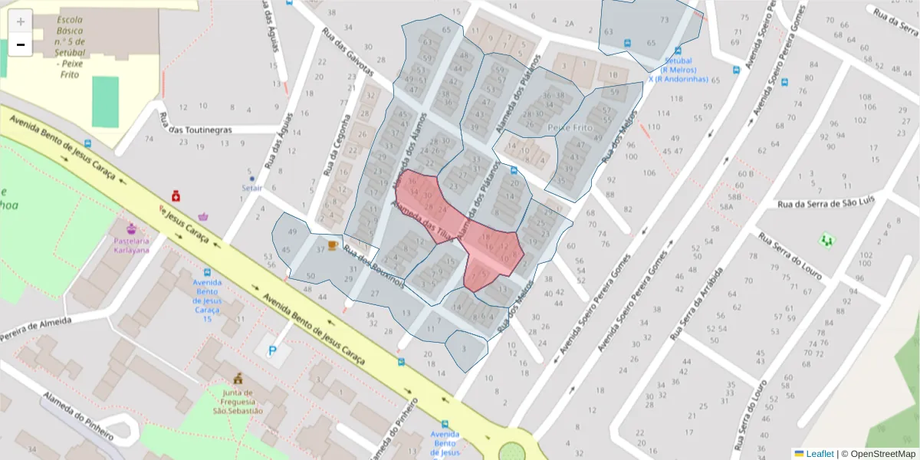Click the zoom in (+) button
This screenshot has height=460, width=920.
point(21,21)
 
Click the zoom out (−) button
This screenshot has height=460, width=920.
point(21,45)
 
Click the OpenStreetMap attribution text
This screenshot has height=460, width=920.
point(879,454)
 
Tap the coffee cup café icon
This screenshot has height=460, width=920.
point(332,245)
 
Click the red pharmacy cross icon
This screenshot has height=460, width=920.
point(176,196)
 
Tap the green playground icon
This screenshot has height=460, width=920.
point(826,240)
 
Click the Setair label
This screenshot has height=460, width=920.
point(251,187)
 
